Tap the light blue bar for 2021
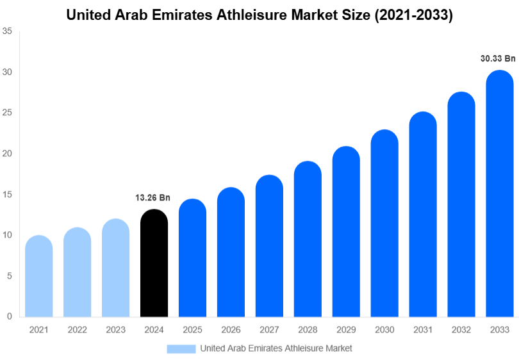[x=38, y=276]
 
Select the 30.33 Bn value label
[x=498, y=58]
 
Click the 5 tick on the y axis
[x=9, y=276]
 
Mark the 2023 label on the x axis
[x=115, y=329]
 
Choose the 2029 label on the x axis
[x=346, y=329]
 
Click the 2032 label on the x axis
[x=461, y=329]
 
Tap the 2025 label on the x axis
[x=192, y=329]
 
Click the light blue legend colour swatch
[x=181, y=348]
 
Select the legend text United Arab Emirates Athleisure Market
[x=276, y=348]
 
